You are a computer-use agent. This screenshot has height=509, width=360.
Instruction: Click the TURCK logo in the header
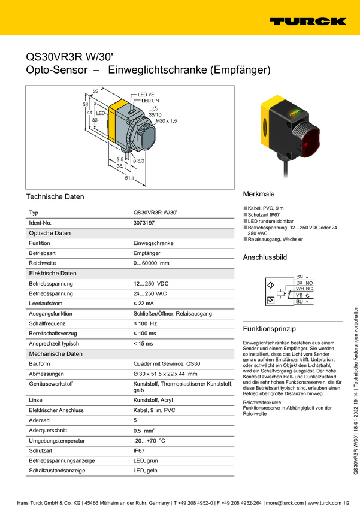pyautogui.click(x=307, y=21)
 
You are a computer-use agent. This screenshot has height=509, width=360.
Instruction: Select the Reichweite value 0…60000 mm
pyautogui.click(x=151, y=263)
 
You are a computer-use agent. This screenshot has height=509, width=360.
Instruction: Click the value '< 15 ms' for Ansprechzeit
pyautogui.click(x=143, y=344)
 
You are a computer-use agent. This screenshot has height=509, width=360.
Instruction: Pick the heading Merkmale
pyautogui.click(x=259, y=195)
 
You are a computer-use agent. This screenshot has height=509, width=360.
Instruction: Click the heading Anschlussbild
pyautogui.click(x=265, y=257)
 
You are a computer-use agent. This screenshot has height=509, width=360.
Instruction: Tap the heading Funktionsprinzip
pyautogui.click(x=270, y=329)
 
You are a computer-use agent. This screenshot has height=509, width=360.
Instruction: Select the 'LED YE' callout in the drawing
pyautogui.click(x=146, y=95)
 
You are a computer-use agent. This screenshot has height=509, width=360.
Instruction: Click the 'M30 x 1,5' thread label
pyautogui.click(x=166, y=120)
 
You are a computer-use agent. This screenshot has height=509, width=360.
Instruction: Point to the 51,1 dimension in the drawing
pyautogui.click(x=129, y=178)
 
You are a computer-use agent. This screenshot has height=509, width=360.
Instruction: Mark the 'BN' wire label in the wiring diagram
pyautogui.click(x=300, y=277)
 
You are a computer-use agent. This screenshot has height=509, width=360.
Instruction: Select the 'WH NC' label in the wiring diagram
pyautogui.click(x=304, y=289)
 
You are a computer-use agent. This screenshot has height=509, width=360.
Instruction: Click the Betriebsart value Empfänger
pyautogui.click(x=146, y=253)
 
